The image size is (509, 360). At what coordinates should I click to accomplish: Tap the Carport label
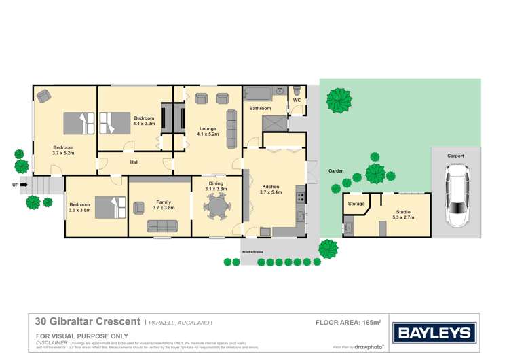click(455, 156)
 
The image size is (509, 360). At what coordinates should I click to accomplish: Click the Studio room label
click(403, 213)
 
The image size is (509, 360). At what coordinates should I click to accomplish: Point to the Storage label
click(356, 204)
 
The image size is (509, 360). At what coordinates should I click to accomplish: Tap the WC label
click(297, 101)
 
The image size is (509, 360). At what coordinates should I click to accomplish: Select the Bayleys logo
click(435, 333)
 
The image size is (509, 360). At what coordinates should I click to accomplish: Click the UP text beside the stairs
click(15, 184)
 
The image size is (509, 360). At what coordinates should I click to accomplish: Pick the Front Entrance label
click(252, 252)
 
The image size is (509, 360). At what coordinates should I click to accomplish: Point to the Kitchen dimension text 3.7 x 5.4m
click(269, 192)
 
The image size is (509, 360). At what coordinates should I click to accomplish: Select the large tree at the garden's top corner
click(339, 101)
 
